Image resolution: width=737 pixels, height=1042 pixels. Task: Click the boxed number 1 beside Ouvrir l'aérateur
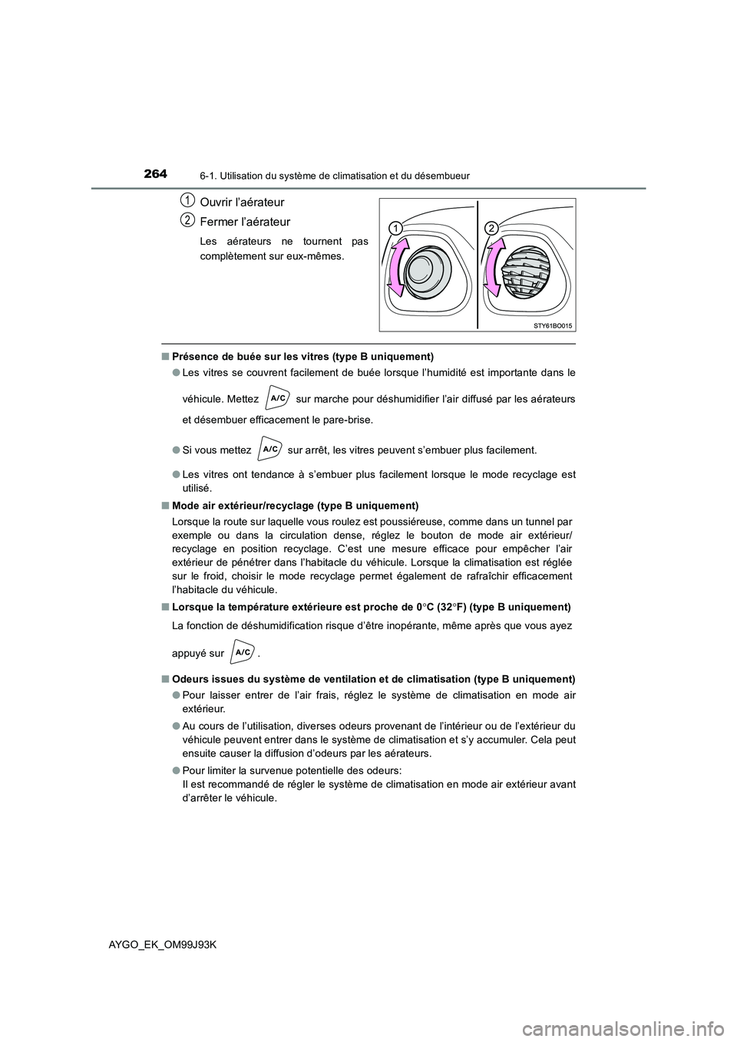pos(187,200)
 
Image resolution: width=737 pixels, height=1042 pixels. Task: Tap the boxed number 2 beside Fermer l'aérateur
pos(187,220)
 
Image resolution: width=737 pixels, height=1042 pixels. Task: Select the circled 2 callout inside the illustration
pos(492,229)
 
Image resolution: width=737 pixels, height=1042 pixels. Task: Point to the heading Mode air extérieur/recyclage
pos(295,505)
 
